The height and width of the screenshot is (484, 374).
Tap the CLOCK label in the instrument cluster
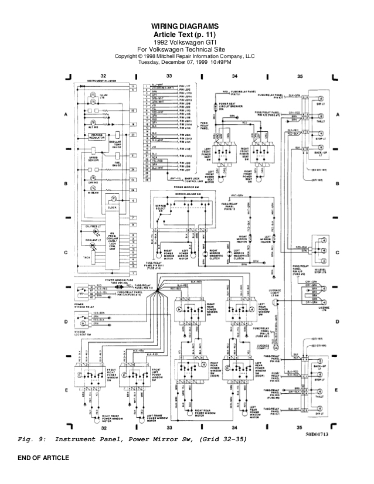pos(112,207)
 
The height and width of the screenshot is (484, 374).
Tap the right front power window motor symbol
pos(95,416)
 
